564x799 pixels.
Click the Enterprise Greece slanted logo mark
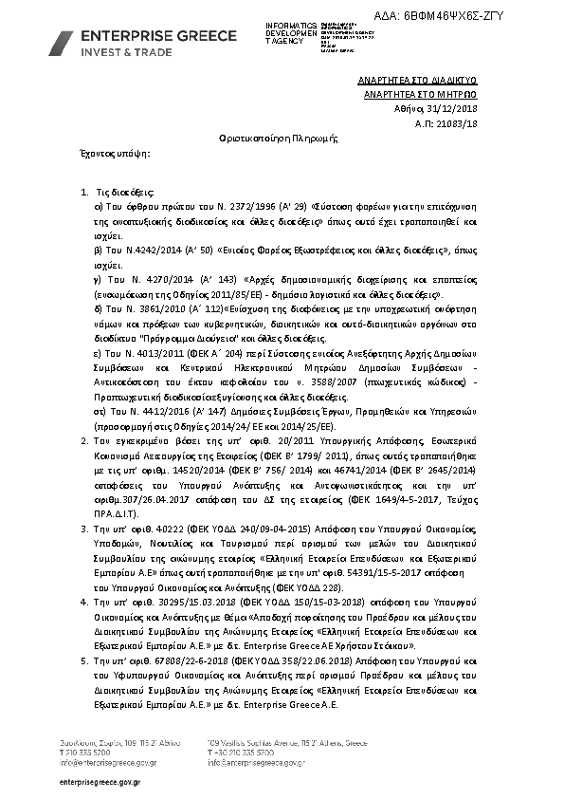click(62, 43)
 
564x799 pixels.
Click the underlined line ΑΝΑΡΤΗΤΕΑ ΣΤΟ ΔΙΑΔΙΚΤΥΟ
click(423, 83)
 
